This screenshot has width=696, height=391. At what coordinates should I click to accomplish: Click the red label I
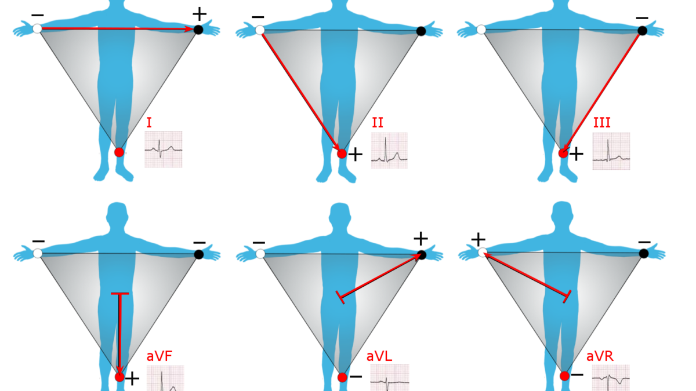[149, 123]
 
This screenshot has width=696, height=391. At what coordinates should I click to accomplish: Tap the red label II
[378, 123]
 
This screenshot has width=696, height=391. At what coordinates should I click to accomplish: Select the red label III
[602, 123]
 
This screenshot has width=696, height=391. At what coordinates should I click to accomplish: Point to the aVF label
[159, 356]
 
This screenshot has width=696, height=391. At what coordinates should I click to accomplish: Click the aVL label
[379, 356]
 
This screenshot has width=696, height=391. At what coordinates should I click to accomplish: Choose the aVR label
[600, 356]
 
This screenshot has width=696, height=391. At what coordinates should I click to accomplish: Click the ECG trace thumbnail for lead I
[164, 149]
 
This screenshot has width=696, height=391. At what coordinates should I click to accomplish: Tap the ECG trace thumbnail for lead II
[389, 151]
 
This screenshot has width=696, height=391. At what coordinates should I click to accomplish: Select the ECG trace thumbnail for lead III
[611, 151]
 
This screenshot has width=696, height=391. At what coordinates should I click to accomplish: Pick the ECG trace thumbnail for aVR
[611, 378]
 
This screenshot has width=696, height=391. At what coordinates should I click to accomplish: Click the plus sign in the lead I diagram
[200, 14]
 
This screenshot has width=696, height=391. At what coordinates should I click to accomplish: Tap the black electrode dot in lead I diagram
[198, 30]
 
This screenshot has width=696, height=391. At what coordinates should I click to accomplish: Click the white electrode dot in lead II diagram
[260, 30]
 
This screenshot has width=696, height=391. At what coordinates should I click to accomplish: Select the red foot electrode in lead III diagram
[563, 153]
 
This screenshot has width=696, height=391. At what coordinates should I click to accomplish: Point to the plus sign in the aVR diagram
[478, 240]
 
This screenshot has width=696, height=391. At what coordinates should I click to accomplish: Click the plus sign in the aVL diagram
[420, 238]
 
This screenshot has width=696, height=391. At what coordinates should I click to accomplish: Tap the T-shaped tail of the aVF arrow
[120, 293]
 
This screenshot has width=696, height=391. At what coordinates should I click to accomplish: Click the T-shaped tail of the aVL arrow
[340, 297]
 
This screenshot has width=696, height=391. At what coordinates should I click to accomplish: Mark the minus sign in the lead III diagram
[642, 19]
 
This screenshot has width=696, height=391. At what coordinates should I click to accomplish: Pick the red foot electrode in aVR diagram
[565, 376]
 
